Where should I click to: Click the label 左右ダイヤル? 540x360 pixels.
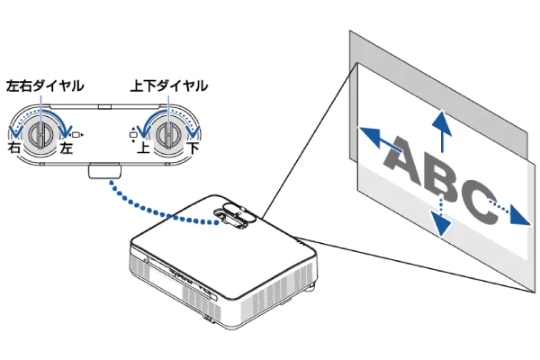click(45, 85)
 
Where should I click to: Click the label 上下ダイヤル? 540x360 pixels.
click(169, 85)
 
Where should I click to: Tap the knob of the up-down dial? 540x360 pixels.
click(169, 135)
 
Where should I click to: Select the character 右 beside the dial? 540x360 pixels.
click(14, 148)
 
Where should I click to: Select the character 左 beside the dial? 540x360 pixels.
click(66, 148)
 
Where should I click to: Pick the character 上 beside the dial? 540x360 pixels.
click(143, 148)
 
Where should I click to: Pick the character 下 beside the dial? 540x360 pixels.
click(193, 148)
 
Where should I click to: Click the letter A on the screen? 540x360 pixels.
click(403, 159)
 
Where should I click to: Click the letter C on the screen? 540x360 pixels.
click(478, 202)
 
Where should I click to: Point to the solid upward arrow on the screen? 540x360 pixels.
click(442, 131)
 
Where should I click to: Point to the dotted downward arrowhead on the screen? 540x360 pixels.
click(441, 224)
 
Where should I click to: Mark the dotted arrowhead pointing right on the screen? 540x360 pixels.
click(519, 215)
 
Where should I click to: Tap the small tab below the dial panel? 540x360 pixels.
click(104, 171)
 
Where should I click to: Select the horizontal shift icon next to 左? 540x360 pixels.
click(76, 135)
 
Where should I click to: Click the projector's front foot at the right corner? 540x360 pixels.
click(310, 287)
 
